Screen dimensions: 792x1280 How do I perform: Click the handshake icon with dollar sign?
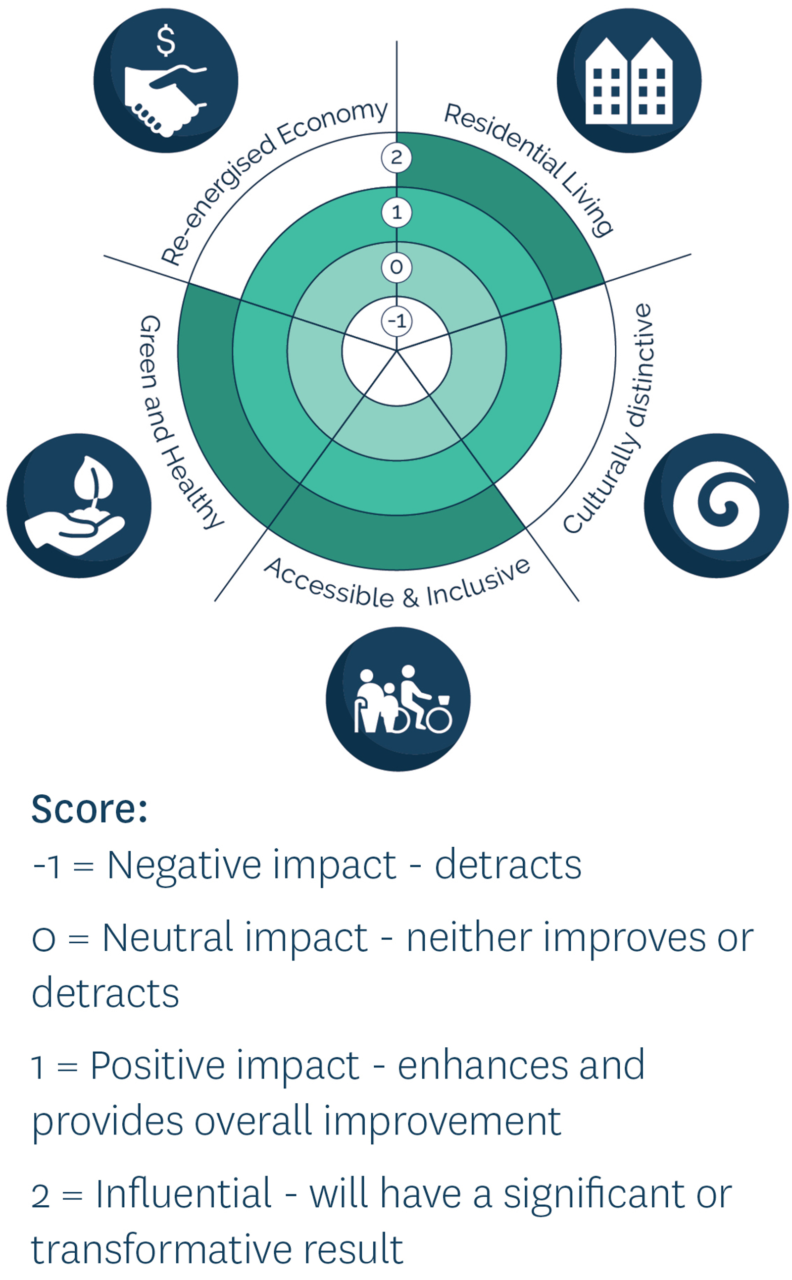coord(165,81)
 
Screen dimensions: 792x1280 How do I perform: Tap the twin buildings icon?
coord(629,81)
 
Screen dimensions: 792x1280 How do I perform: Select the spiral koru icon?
coord(716,506)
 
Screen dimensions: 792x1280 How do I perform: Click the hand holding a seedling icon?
coord(79,506)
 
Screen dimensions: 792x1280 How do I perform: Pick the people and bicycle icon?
coord(398,699)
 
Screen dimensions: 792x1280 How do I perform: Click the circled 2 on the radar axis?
coord(396,157)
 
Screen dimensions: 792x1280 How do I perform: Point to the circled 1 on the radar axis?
coord(396,212)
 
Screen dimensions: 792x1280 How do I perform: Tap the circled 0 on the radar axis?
coord(396,267)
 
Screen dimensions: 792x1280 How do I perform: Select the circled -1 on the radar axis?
coord(396,321)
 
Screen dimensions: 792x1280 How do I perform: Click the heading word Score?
coord(90,810)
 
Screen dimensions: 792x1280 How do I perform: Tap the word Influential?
coord(184,1194)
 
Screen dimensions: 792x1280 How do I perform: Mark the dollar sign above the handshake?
coord(166,41)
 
